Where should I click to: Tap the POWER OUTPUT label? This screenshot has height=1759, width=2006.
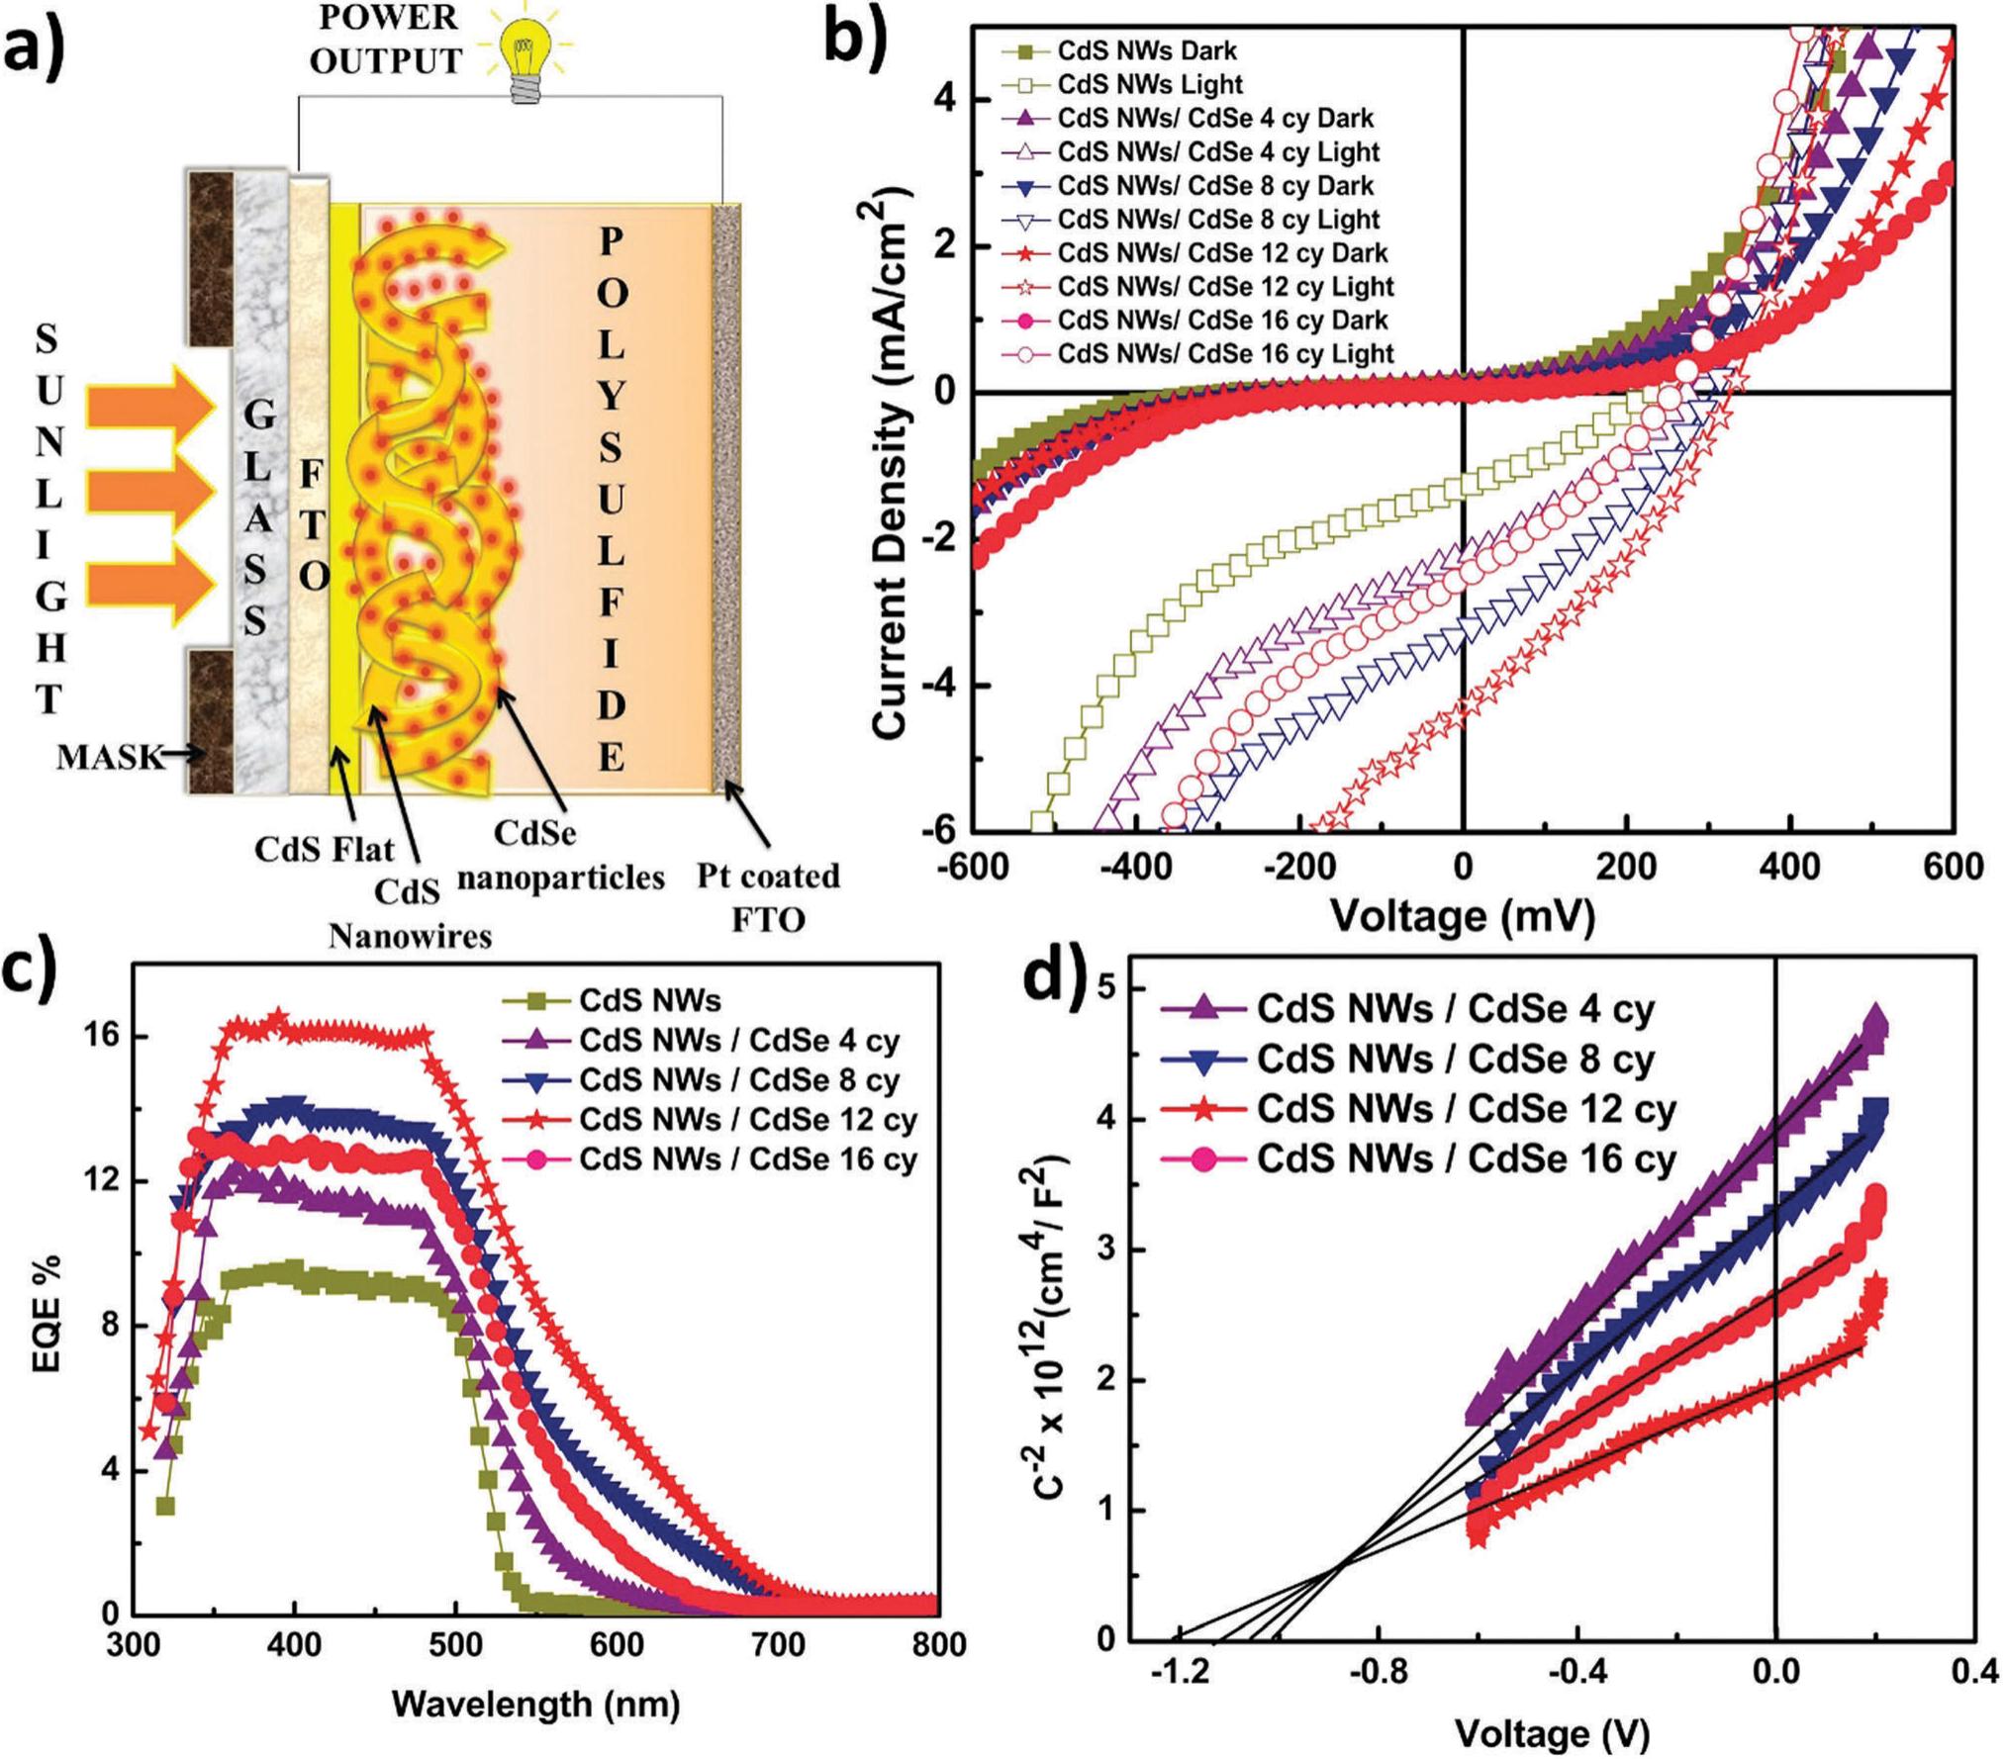coord(385,40)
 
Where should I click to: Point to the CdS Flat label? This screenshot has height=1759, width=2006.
coord(324,849)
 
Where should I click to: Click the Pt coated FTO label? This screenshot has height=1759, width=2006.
coord(768,897)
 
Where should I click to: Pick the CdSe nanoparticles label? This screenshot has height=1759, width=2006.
coord(560,856)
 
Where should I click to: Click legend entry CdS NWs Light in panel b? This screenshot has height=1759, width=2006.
coord(1149,84)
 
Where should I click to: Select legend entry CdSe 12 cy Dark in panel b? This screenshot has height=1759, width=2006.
coord(1221,252)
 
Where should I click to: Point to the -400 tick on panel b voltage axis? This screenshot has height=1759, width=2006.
coord(1135,868)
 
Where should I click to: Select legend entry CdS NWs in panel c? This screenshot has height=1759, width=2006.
coord(649,1001)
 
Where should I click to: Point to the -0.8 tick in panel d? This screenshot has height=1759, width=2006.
coord(1380,1673)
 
